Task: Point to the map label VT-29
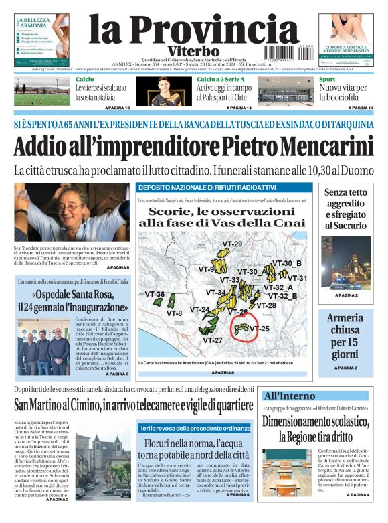pyautogui.click(x=233, y=244)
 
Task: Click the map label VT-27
pyautogui.click(x=213, y=340)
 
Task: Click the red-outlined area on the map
pyautogui.click(x=241, y=329)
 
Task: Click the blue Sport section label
pyautogui.click(x=326, y=79)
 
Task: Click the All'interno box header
pyautogui.click(x=289, y=396)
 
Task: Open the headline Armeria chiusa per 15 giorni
pyautogui.click(x=345, y=336)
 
